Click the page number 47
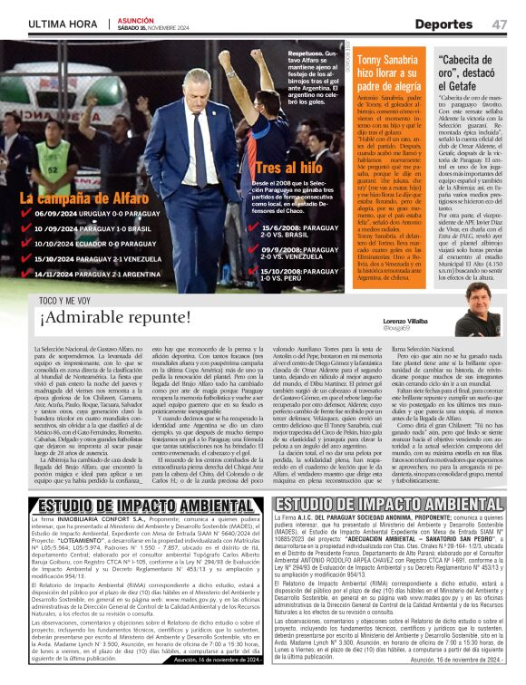[499, 24]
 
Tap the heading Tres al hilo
[288, 169]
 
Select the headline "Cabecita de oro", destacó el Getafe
[472, 72]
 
